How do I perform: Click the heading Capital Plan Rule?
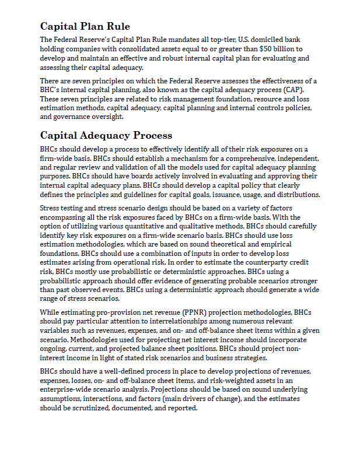pos(85,26)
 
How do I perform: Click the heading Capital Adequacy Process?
pos(106,136)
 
